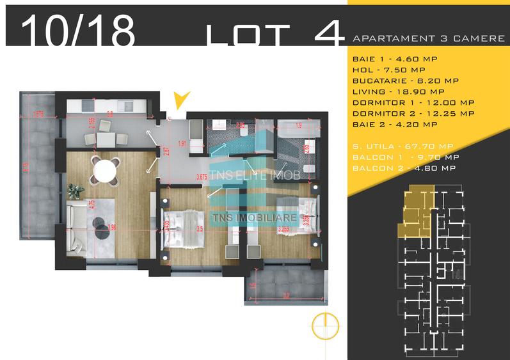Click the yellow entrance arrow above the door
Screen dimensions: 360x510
pos(182,100)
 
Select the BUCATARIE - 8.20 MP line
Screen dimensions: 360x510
pos(404,81)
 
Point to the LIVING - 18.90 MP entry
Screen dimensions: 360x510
pos(397,91)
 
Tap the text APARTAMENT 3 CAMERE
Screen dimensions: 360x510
pos(428,38)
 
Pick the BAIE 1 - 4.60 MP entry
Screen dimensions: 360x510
pos(392,58)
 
